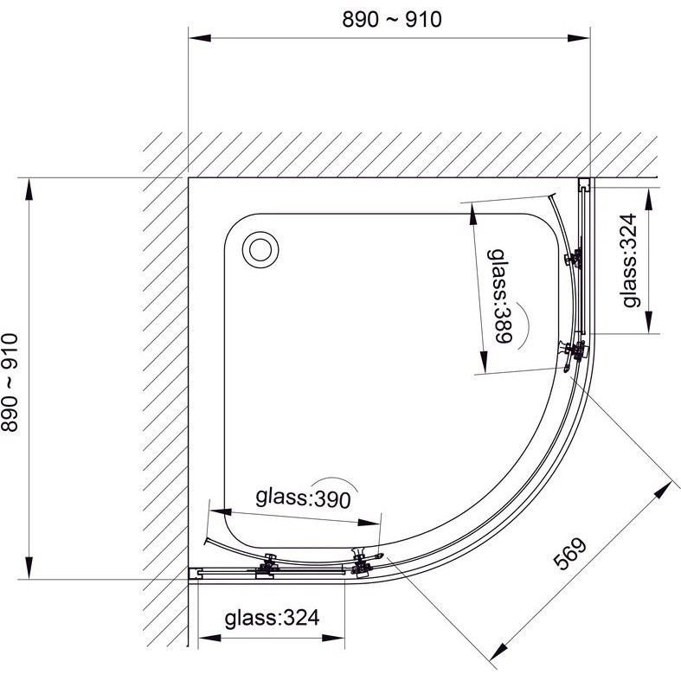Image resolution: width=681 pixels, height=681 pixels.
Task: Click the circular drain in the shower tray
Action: click(x=260, y=250)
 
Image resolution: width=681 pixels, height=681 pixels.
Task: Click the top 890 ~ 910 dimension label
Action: click(x=392, y=20)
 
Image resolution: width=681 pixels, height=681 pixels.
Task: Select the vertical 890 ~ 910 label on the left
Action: click(x=10, y=382)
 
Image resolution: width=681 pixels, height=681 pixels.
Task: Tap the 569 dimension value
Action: click(x=570, y=553)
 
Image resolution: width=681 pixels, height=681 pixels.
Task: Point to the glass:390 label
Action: click(x=303, y=498)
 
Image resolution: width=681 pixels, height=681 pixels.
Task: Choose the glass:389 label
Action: click(x=501, y=296)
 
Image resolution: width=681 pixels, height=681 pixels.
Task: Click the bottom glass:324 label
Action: click(x=272, y=618)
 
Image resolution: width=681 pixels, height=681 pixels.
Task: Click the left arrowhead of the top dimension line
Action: click(x=200, y=38)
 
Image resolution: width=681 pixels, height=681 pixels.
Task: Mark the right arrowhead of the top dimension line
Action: click(x=579, y=38)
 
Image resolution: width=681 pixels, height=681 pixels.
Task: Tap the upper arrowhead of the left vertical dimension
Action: click(x=29, y=190)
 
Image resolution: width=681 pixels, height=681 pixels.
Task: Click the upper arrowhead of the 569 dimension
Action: click(x=663, y=490)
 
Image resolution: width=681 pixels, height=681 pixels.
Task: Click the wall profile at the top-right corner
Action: click(x=585, y=185)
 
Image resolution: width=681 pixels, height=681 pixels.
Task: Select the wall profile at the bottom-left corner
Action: click(x=196, y=574)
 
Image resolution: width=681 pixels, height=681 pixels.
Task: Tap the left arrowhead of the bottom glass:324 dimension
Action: click(x=209, y=638)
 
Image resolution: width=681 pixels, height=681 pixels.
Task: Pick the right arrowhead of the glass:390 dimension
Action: click(x=369, y=522)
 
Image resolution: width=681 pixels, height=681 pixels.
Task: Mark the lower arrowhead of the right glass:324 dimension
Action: click(x=649, y=322)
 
